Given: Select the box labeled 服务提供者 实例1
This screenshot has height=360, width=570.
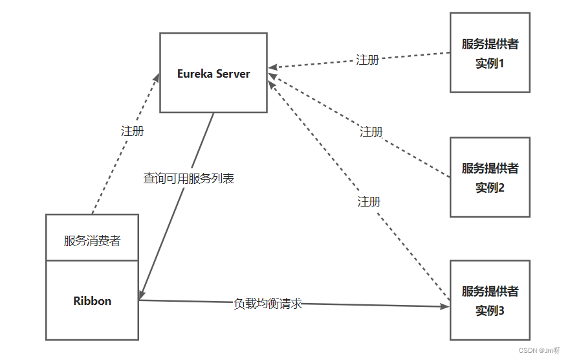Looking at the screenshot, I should click(x=490, y=53).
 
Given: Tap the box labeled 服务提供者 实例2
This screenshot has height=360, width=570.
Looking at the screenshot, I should click(x=490, y=177).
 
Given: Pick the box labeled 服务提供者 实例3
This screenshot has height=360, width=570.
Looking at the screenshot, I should click(x=490, y=300).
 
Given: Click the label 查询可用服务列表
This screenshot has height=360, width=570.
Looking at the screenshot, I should click(x=188, y=179).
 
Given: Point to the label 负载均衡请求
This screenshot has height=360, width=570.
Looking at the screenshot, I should click(x=268, y=303).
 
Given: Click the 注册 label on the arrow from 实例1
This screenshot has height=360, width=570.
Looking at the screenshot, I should click(x=367, y=60).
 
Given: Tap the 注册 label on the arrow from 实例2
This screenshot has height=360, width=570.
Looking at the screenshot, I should click(x=371, y=132).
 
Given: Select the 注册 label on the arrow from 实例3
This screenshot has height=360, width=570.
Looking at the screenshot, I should click(x=369, y=202).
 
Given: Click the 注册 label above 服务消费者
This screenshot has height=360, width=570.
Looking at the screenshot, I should click(x=133, y=131).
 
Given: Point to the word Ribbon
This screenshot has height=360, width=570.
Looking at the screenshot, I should click(x=92, y=301).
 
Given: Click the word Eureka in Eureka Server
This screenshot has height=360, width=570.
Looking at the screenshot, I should click(x=195, y=73).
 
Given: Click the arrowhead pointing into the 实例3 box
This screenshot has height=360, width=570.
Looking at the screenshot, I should click(x=446, y=306).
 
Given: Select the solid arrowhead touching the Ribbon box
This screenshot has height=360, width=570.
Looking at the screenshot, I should click(x=142, y=295).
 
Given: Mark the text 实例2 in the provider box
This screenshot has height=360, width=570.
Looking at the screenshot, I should click(x=490, y=188).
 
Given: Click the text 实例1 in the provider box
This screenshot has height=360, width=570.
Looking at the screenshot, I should click(x=490, y=64).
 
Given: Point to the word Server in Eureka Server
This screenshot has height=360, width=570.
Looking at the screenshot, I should click(x=233, y=73).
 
